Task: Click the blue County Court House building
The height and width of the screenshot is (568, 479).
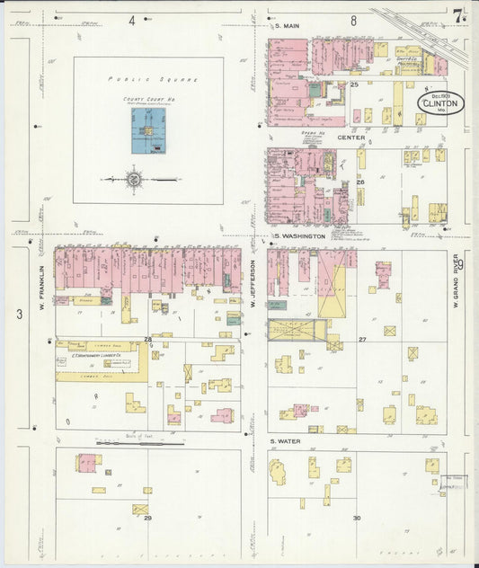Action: point(146,131)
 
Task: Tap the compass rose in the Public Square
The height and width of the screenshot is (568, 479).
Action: point(134,180)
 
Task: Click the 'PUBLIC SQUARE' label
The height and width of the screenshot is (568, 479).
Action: point(148,80)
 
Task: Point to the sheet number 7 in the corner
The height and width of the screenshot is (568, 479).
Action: point(459,16)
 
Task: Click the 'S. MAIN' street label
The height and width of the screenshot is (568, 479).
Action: point(286,26)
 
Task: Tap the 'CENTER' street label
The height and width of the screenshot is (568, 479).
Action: point(350,138)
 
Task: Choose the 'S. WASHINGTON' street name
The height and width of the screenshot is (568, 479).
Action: point(301,235)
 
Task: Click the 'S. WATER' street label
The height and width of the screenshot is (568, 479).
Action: point(285,441)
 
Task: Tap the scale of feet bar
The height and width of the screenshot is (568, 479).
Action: point(139,442)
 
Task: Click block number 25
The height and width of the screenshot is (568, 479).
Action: point(354,84)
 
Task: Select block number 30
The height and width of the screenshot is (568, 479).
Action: point(357,518)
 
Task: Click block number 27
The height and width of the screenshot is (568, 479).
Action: point(362,340)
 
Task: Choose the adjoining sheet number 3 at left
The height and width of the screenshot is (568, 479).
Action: point(19,314)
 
